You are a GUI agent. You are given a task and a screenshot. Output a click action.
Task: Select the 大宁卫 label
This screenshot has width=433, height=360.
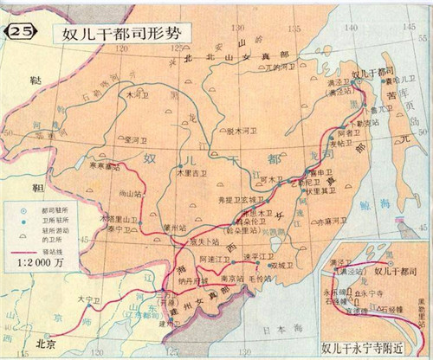(x=88, y=301)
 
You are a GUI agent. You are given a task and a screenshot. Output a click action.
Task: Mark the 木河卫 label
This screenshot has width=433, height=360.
(x=138, y=93)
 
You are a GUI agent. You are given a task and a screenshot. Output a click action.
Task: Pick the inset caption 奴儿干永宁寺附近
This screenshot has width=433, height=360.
(x=373, y=350)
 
